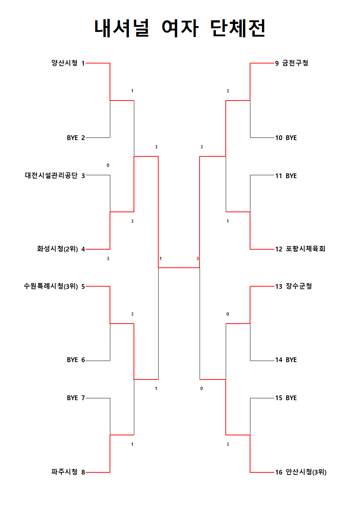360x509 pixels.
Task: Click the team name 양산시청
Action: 64,63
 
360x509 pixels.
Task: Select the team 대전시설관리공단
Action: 51,175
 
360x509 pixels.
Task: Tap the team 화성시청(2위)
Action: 57,249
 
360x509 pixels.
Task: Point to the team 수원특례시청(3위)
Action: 51,286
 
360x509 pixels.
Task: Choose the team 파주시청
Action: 64,472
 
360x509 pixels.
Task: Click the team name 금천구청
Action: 295,63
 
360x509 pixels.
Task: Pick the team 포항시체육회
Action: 305,249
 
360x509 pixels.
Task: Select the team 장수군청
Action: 299,286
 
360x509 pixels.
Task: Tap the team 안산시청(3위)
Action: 306,472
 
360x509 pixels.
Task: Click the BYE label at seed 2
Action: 72,138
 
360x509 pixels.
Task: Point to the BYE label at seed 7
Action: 72,398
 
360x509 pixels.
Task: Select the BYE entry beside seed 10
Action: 291,138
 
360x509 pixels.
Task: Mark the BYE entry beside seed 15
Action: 291,398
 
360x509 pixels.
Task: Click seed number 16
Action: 279,472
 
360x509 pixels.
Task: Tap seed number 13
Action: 279,286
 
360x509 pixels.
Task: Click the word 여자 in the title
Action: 180,28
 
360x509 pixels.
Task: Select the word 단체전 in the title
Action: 237,28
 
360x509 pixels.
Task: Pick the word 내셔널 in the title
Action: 122,28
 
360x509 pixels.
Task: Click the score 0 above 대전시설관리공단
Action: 108,165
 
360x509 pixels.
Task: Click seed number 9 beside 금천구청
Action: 277,63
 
